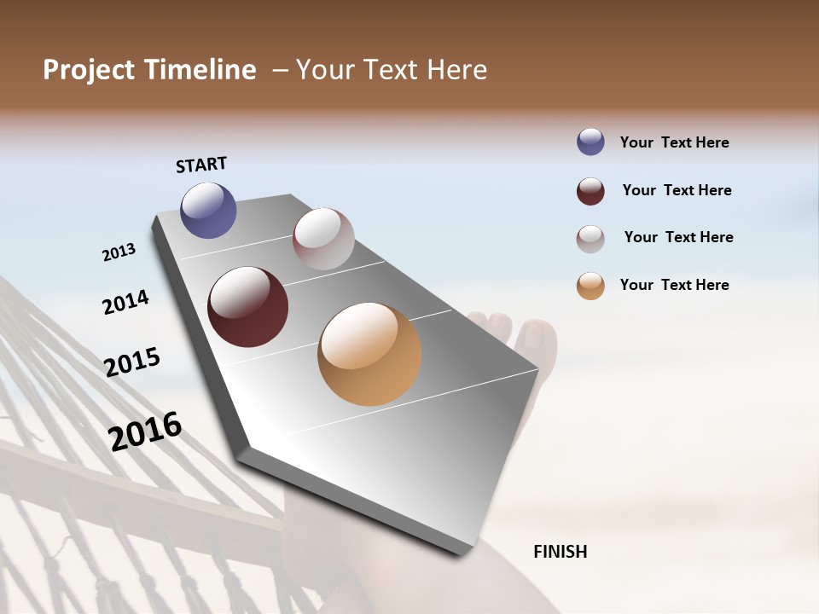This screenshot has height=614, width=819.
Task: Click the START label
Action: (201, 165)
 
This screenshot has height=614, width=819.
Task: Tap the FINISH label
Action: (560, 552)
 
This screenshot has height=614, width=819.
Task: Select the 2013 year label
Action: (119, 252)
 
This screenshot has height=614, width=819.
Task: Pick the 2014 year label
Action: (125, 302)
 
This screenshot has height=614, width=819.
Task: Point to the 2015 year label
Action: (132, 362)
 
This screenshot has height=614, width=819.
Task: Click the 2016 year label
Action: (145, 432)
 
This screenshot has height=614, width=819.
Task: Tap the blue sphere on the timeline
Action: (208, 210)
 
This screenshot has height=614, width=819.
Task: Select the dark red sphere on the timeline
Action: (247, 307)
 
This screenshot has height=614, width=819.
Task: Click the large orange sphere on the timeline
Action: (369, 354)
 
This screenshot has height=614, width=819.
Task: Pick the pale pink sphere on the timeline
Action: (323, 239)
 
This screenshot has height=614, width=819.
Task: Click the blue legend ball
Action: (590, 142)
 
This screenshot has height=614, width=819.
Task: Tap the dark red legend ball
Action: (590, 191)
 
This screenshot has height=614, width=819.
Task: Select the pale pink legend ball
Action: (590, 238)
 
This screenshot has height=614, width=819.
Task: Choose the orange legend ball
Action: (590, 286)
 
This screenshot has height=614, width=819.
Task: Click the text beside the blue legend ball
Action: (674, 142)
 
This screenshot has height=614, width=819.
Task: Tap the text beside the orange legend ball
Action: (674, 285)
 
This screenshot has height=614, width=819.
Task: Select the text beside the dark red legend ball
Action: (677, 190)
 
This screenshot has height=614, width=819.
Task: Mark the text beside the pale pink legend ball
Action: (678, 237)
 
